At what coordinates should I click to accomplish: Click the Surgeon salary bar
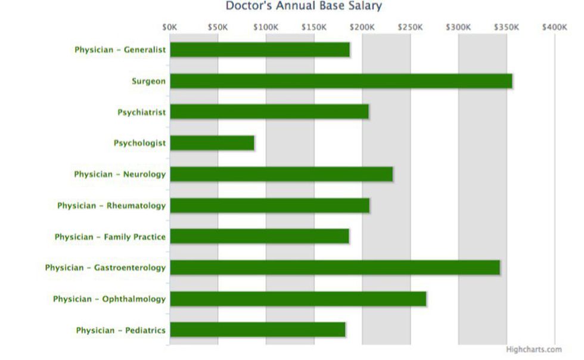[x=341, y=81]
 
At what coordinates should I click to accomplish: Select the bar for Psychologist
[x=212, y=143]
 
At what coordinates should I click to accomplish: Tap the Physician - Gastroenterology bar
[x=335, y=268]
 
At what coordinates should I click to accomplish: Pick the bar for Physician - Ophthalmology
[x=298, y=299]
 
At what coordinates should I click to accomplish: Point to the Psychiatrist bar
[x=269, y=112]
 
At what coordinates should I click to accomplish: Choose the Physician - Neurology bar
[x=281, y=174]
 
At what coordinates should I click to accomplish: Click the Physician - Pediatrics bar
[x=257, y=330]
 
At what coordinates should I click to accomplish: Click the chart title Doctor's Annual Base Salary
[x=303, y=7]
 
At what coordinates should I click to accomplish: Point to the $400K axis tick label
[x=554, y=27]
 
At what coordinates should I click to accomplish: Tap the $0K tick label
[x=170, y=27]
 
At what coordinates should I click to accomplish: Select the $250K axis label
[x=410, y=27]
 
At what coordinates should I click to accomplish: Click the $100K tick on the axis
[x=266, y=27]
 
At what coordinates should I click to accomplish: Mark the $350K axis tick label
[x=507, y=27]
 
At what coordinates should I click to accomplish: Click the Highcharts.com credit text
[x=533, y=350]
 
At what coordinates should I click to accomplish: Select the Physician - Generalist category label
[x=120, y=50]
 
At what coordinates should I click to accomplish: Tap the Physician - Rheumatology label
[x=111, y=206]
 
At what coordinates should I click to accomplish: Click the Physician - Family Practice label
[x=110, y=237]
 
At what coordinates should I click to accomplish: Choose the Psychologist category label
[x=139, y=143]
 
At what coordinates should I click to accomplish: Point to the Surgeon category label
[x=148, y=81]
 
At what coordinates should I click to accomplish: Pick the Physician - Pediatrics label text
[x=120, y=330]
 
